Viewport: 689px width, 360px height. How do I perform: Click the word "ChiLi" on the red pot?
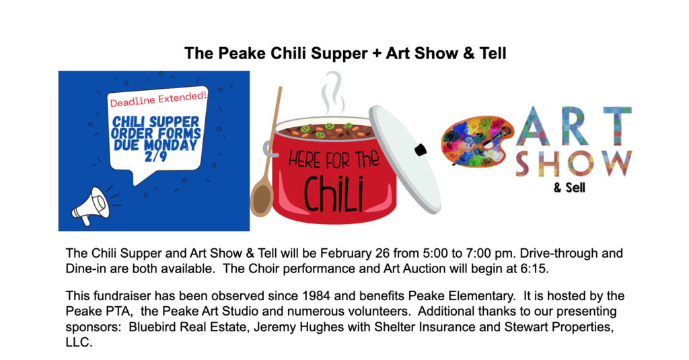tap(334, 191)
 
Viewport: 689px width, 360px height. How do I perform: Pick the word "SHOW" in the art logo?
tap(573, 164)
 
